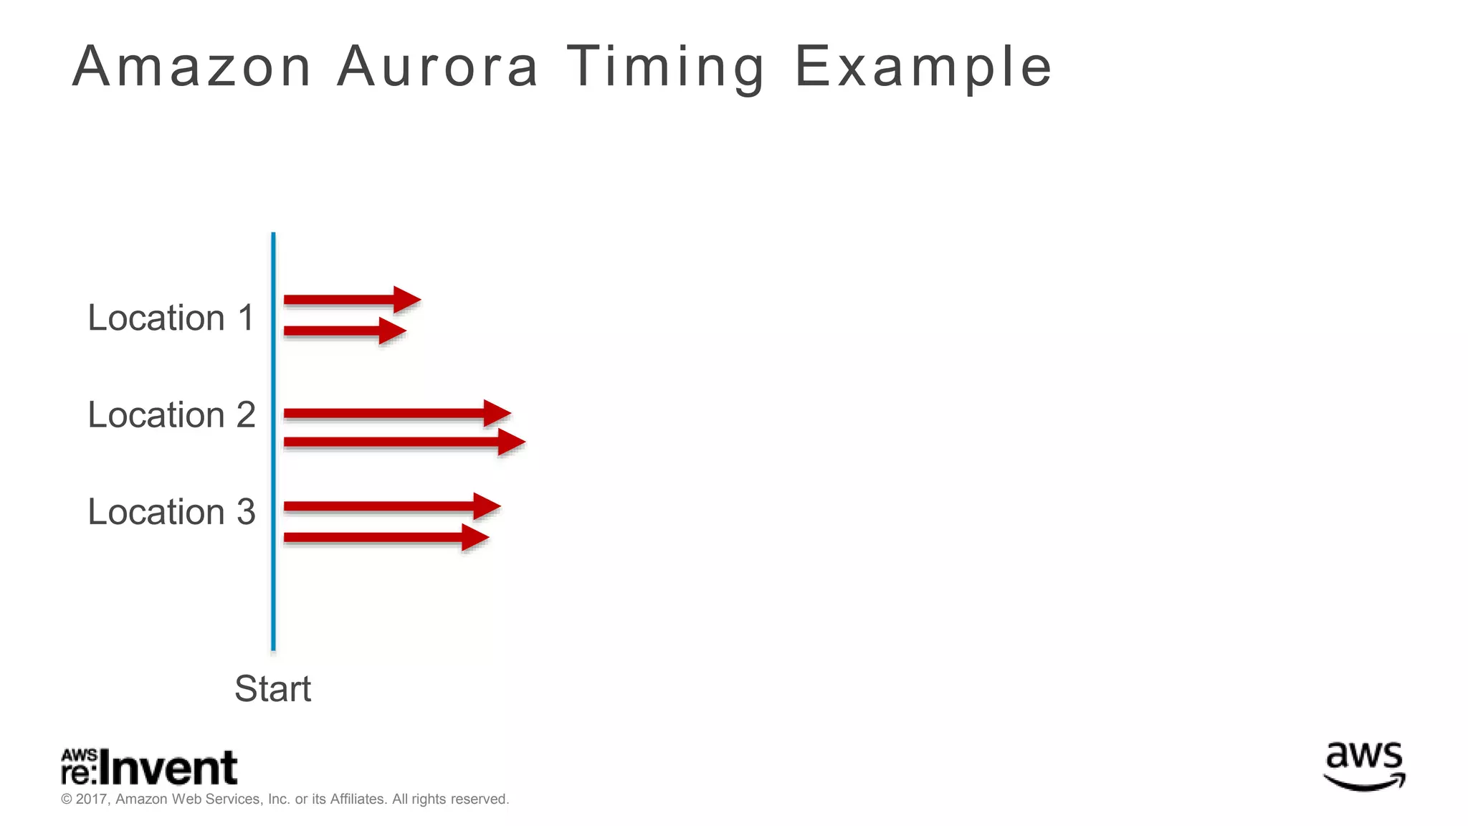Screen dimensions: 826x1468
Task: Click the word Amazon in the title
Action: point(191,67)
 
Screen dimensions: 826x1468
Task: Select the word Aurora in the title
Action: point(437,67)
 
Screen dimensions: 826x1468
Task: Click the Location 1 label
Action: point(171,318)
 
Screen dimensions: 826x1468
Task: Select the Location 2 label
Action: point(171,414)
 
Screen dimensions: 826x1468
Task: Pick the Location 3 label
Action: point(171,511)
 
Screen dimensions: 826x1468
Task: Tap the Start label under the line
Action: point(272,688)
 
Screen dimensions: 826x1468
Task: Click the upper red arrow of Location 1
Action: point(351,300)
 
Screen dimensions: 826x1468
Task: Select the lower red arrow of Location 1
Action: point(344,331)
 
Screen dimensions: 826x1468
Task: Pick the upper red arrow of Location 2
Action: point(396,413)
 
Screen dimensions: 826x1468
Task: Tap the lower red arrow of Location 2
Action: point(404,442)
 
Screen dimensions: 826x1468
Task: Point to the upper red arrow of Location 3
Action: point(391,506)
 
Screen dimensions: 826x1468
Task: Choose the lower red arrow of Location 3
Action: point(386,537)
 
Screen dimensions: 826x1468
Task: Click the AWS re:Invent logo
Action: point(149,767)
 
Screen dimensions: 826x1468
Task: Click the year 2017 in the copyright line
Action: point(92,799)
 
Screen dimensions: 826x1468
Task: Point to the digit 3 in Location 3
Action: point(246,511)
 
